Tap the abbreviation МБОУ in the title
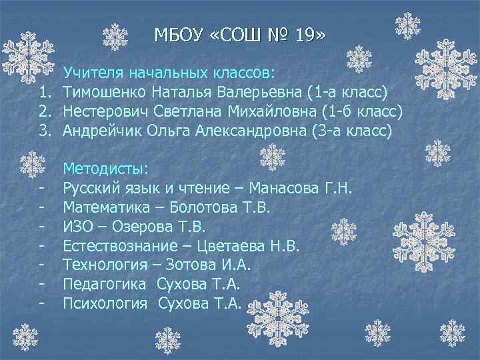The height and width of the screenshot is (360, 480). pyautogui.click(x=177, y=34)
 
